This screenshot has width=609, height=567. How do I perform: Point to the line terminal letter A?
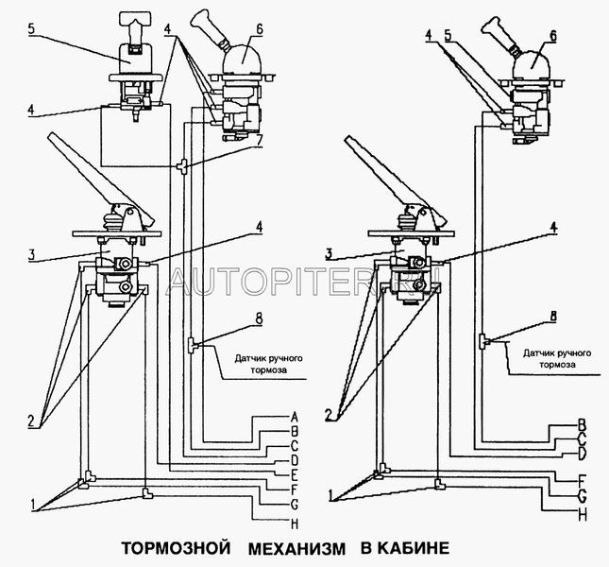click(x=294, y=416)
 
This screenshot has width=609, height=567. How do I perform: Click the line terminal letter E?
click(x=294, y=472)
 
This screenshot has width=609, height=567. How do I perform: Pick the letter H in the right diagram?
click(x=582, y=516)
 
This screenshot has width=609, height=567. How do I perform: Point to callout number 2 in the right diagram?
click(x=330, y=413)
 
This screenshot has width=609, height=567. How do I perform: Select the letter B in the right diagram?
click(x=582, y=424)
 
